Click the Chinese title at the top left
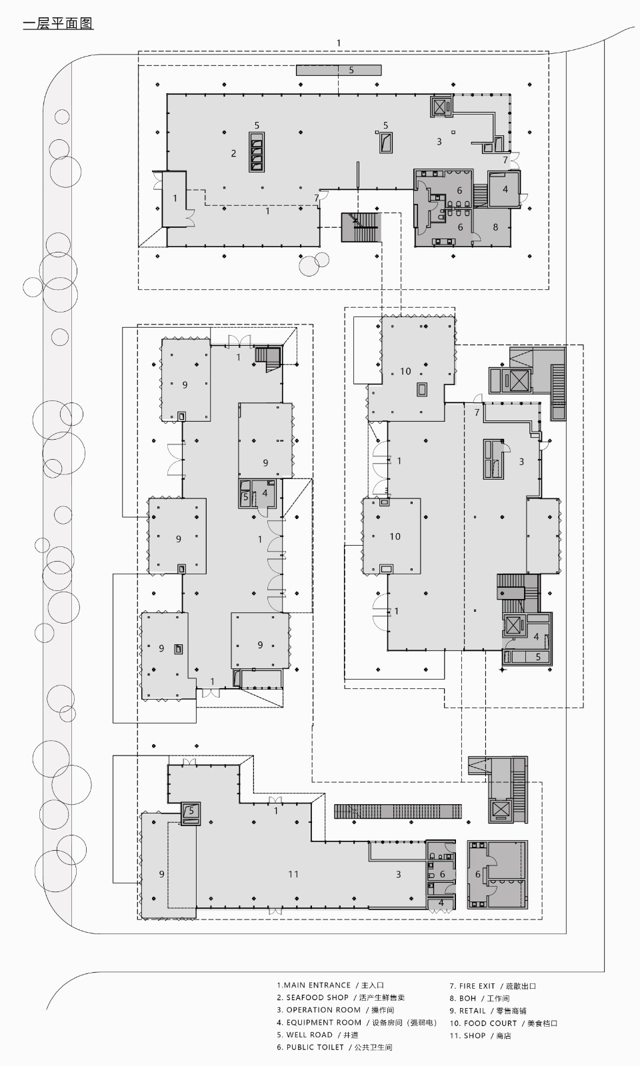click(x=58, y=24)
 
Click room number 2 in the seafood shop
click(x=233, y=153)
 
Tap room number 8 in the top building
click(x=495, y=227)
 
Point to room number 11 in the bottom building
click(x=293, y=874)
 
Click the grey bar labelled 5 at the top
click(x=339, y=70)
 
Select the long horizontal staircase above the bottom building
click(x=398, y=811)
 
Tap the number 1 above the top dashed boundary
click(x=339, y=43)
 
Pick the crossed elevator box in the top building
click(x=438, y=107)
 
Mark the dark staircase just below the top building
click(x=359, y=228)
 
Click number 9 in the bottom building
click(x=161, y=874)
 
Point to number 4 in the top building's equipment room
click(x=505, y=189)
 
